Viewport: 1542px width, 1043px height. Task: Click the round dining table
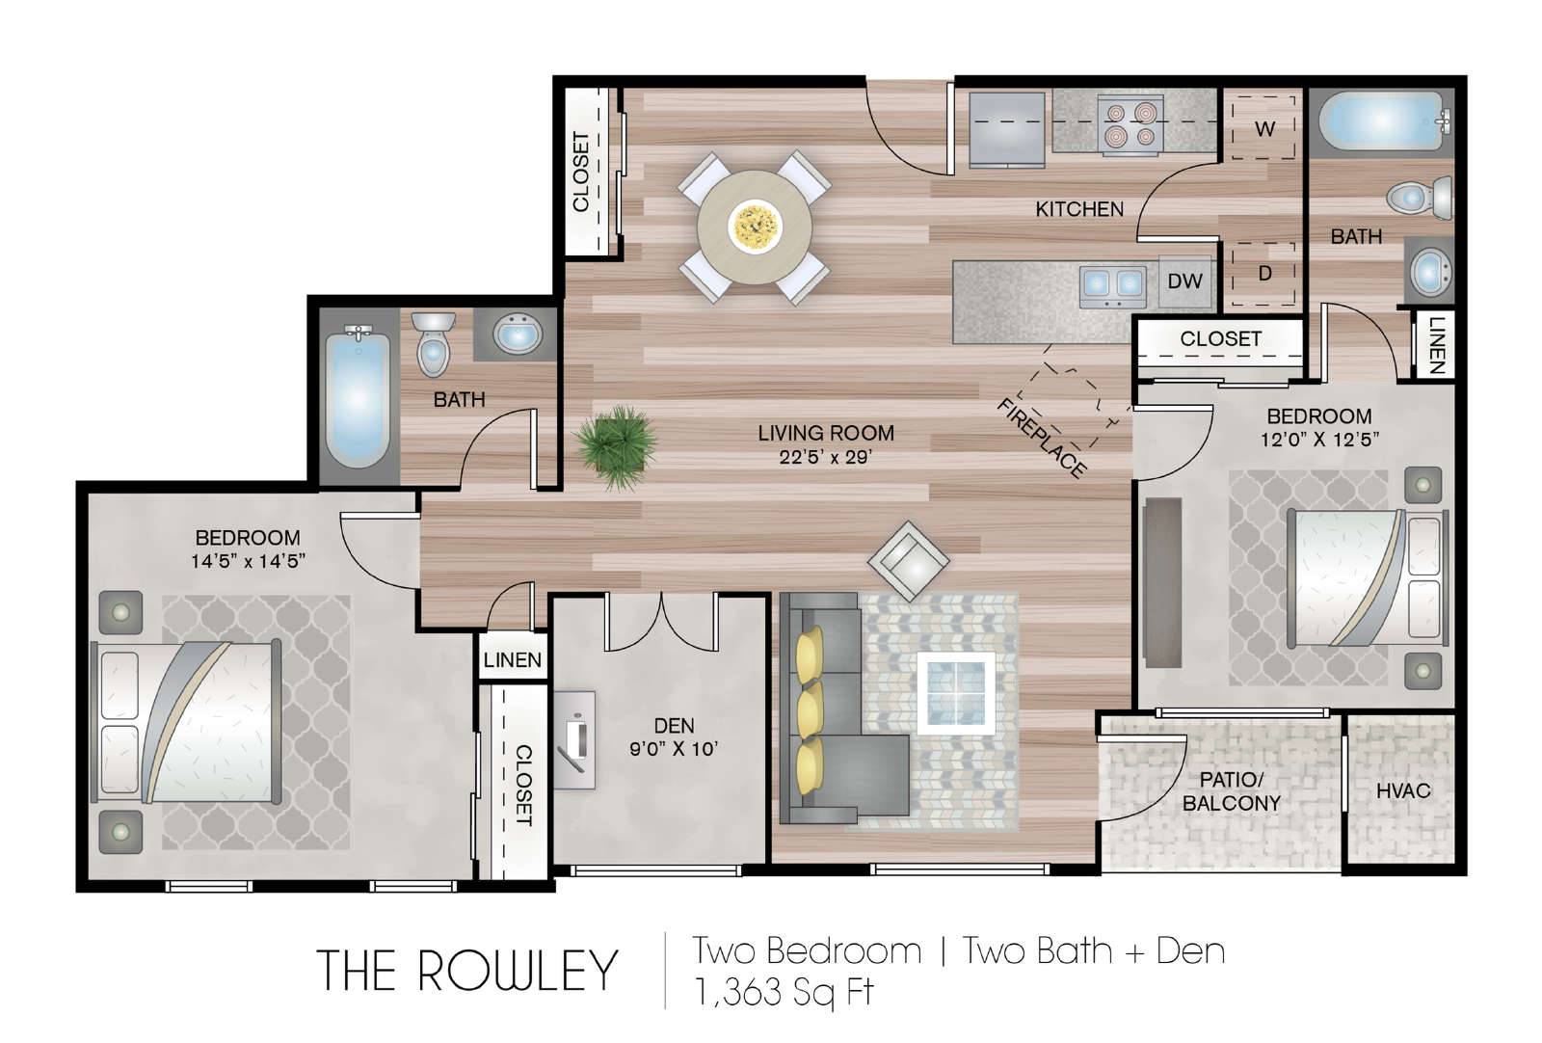(755, 227)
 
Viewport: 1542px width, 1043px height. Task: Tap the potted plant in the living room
(616, 447)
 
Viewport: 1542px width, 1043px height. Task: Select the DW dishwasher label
(1184, 281)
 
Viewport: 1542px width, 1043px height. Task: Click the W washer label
(1264, 129)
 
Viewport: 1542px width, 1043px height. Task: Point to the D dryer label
(1264, 274)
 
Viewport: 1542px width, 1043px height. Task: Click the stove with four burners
(1130, 124)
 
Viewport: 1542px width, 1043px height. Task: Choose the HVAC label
(1403, 791)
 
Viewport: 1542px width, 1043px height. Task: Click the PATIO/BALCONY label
(1231, 791)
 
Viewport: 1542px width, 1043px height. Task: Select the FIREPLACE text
(1041, 438)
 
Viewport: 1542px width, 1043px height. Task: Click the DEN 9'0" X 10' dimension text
(674, 748)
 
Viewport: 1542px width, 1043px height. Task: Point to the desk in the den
(575, 740)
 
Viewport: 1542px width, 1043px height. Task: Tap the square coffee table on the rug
(956, 693)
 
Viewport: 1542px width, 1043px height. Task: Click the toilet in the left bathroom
(433, 343)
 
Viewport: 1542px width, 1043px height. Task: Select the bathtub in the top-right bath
(1381, 121)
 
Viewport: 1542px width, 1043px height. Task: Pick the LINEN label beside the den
(512, 659)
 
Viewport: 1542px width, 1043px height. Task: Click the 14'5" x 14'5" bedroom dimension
(248, 561)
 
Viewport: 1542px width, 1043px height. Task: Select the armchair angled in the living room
(909, 562)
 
